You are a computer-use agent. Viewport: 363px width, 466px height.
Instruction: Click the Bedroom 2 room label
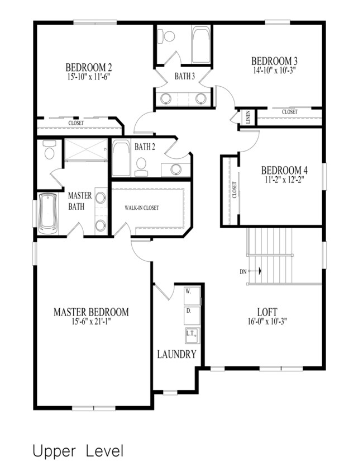[89, 67]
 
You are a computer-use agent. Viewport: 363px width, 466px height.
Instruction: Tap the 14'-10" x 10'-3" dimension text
[274, 70]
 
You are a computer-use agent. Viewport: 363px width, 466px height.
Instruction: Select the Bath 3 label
[185, 77]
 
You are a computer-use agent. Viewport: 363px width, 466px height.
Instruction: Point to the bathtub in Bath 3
[201, 45]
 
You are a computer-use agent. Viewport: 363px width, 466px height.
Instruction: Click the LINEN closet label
[248, 117]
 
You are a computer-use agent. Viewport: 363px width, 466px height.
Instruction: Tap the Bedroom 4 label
[284, 171]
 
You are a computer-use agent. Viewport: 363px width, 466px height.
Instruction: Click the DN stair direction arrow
[255, 271]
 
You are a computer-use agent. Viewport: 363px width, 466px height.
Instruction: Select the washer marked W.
[192, 296]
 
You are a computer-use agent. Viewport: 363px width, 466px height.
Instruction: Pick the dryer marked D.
[192, 316]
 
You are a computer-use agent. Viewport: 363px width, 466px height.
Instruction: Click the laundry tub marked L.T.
[193, 335]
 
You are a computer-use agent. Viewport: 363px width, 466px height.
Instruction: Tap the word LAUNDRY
[177, 354]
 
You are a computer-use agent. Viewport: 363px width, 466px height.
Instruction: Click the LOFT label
[267, 312]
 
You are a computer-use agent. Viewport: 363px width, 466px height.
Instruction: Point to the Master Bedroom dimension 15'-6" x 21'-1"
[92, 321]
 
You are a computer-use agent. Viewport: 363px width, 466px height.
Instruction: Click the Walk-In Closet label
[142, 208]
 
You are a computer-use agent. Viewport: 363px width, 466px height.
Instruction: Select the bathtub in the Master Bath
[47, 213]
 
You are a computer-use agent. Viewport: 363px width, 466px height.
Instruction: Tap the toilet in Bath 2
[141, 167]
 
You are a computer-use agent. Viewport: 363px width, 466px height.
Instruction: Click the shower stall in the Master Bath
[85, 149]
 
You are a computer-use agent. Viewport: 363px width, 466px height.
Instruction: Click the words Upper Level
[78, 451]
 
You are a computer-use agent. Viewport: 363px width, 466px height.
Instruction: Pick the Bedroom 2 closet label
[76, 123]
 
